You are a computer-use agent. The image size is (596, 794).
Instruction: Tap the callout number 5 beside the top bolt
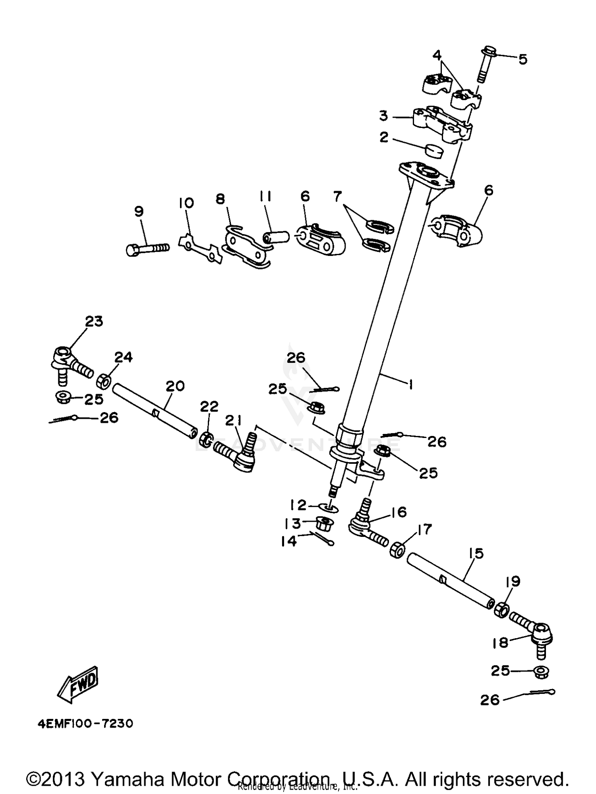point(523,60)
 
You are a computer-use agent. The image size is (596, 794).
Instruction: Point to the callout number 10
point(186,203)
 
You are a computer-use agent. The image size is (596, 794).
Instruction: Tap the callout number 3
point(383,116)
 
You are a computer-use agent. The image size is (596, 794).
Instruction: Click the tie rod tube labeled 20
point(155,411)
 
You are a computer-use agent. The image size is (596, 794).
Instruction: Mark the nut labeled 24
point(104,382)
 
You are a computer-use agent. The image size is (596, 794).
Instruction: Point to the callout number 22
point(209,407)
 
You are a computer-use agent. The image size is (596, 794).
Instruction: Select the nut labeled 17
point(398,550)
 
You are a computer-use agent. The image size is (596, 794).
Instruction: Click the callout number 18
point(500,643)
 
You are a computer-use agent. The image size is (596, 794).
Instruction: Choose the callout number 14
point(289,541)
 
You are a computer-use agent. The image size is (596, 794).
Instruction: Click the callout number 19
point(513,582)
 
